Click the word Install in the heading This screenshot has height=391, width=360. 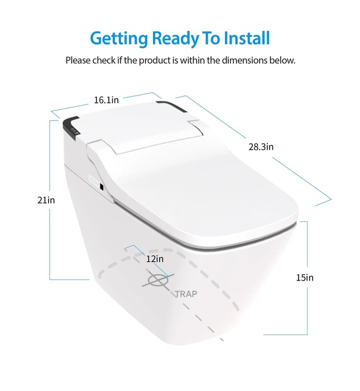pos(247,38)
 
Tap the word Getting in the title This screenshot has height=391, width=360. pos(119,39)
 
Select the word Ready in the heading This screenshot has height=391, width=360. pos(175,39)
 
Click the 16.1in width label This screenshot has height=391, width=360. pos(107,100)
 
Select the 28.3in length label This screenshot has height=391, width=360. pos(261,147)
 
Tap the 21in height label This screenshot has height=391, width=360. pos(46,200)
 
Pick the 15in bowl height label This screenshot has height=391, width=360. pos(305,278)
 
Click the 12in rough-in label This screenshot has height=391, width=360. pos(155,259)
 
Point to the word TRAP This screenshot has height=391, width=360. pos(186,294)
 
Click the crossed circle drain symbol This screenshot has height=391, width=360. pos(158,280)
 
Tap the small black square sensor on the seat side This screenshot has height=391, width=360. pos(102,186)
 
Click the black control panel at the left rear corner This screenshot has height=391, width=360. pos(71,128)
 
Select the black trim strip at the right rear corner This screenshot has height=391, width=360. pos(172,107)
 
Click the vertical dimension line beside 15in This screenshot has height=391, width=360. pos(307,278)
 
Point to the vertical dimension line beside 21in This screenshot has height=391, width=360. pos(50,200)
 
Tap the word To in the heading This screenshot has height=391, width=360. pos(212,38)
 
